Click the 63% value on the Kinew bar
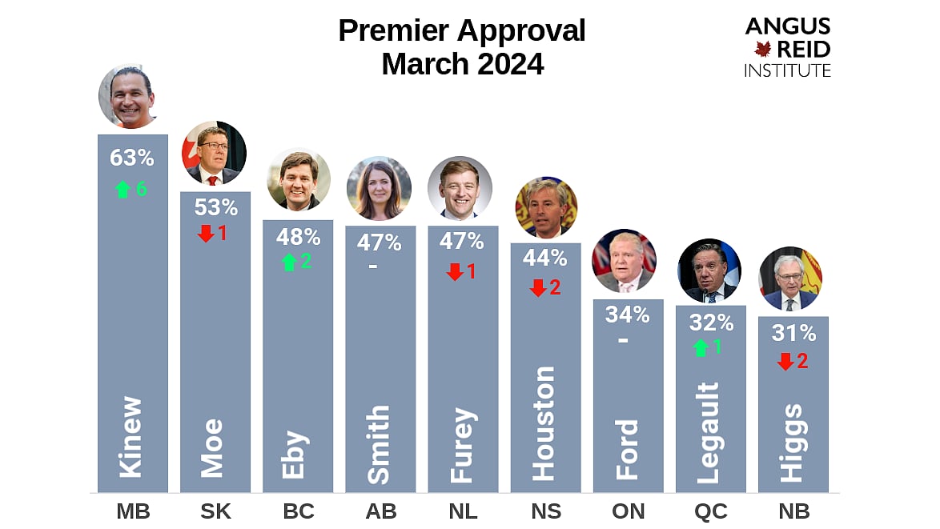[132, 158]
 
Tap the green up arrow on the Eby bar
[289, 262]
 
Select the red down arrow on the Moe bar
[206, 233]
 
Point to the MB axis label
[133, 511]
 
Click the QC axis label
[710, 511]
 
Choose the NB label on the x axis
[793, 511]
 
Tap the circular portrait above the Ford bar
[624, 262]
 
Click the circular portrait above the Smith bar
[379, 188]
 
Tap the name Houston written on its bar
[544, 423]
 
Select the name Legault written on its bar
[709, 433]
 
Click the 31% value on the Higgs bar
[793, 333]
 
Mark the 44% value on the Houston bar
[545, 258]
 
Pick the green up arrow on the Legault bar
[701, 347]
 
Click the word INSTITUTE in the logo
[787, 70]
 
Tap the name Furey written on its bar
[462, 445]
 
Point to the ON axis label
[628, 511]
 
